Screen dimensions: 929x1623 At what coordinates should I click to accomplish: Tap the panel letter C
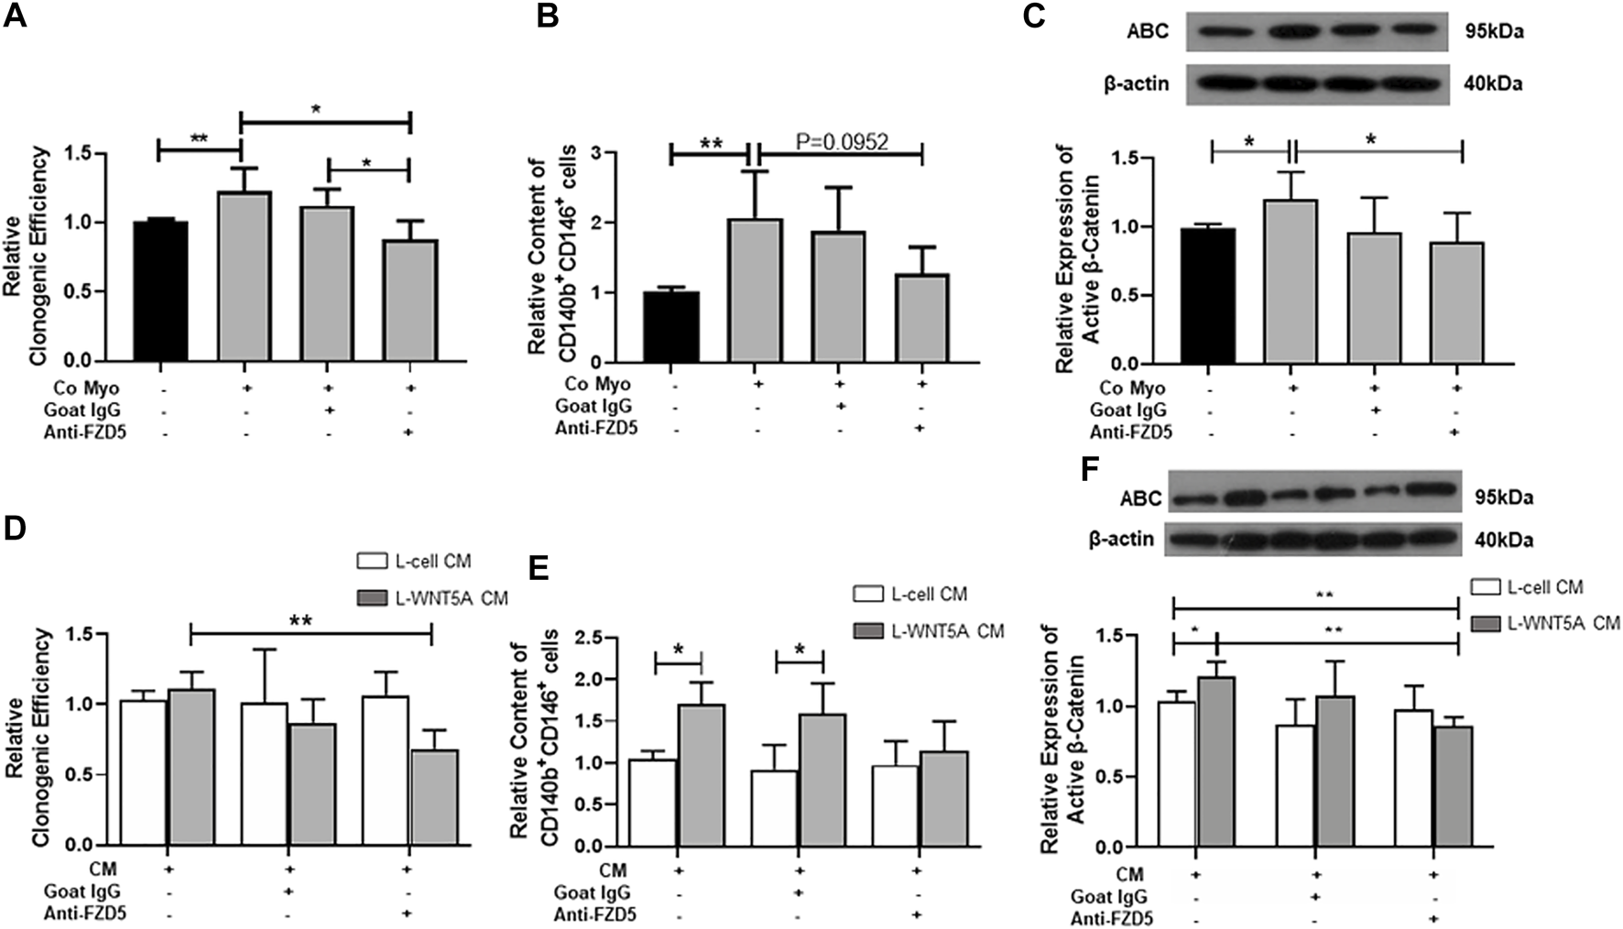(1034, 16)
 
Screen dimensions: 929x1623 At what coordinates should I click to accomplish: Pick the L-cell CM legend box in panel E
(867, 595)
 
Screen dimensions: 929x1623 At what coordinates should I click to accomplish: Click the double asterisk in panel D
(301, 620)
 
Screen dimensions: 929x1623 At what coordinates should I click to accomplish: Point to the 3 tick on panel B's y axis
(606, 153)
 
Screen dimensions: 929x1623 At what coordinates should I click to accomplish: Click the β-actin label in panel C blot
(1136, 83)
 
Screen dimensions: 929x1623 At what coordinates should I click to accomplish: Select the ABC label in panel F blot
(1139, 498)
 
